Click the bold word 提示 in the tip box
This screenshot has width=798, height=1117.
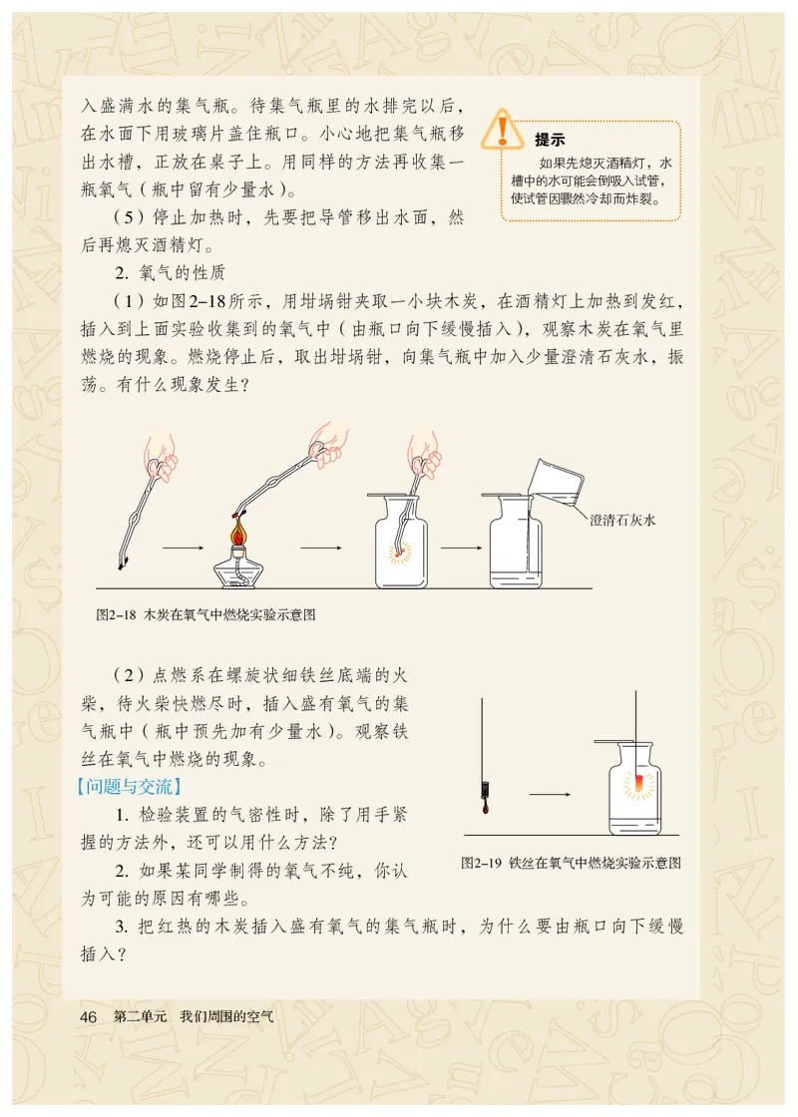(x=550, y=140)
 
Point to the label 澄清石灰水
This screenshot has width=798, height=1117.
(x=624, y=520)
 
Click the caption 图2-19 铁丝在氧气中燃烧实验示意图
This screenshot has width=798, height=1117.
(x=578, y=863)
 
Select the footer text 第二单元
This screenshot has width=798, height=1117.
(x=140, y=1017)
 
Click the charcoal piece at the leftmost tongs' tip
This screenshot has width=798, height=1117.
(x=122, y=564)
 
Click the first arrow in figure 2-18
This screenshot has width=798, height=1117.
(x=181, y=548)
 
